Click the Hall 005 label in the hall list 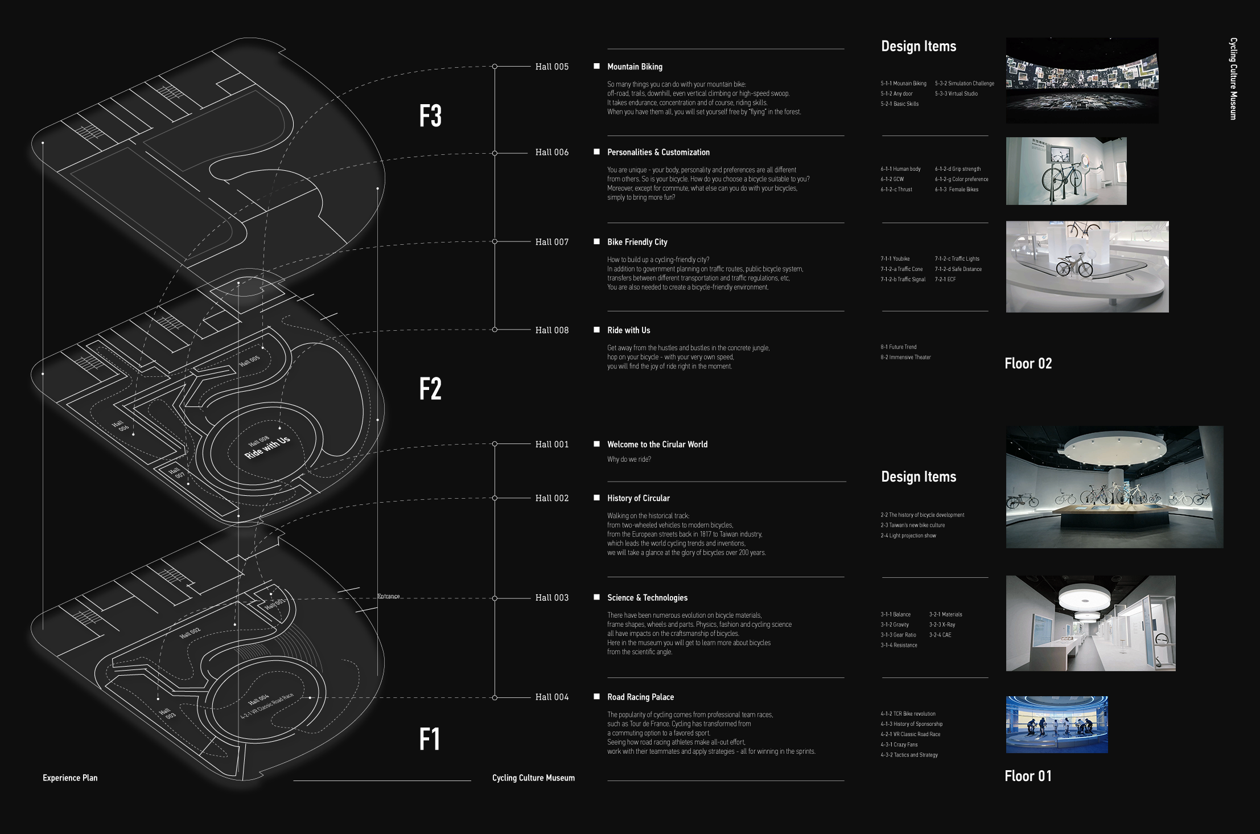click(551, 67)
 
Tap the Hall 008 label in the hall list click(551, 330)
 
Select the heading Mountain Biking click(635, 67)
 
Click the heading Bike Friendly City click(637, 242)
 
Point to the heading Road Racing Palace click(640, 697)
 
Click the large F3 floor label click(430, 116)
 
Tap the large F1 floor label click(430, 739)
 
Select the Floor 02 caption click(1028, 363)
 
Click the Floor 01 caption click(1028, 776)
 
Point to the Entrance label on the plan click(389, 596)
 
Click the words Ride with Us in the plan click(267, 447)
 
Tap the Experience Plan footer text click(70, 778)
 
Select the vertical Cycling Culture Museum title click(1233, 79)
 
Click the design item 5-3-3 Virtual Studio click(956, 93)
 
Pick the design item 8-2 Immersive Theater click(905, 357)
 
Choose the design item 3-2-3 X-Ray click(942, 625)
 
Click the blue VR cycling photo click(1057, 724)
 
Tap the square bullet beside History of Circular click(596, 498)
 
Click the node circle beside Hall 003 click(495, 598)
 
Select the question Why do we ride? click(629, 459)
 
